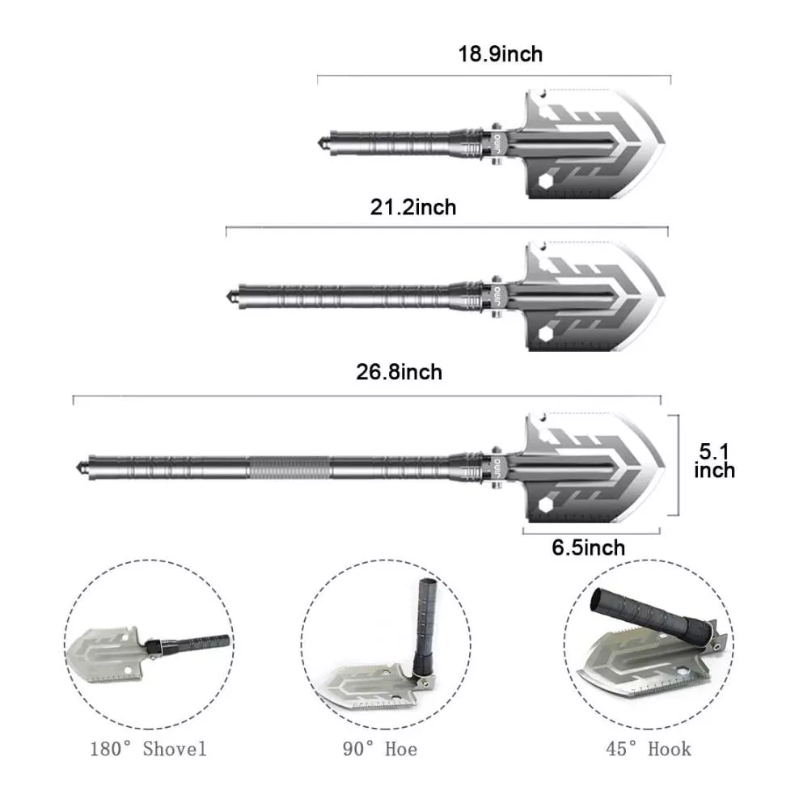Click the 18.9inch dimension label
(x=501, y=54)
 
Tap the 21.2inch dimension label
(x=413, y=207)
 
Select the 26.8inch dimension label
(x=399, y=372)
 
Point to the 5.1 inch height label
(x=714, y=461)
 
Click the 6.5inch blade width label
(x=589, y=547)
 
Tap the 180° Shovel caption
(x=148, y=749)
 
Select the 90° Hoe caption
(x=380, y=749)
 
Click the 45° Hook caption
(x=649, y=749)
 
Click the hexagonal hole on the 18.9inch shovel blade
(x=546, y=182)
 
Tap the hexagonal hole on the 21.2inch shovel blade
(x=546, y=335)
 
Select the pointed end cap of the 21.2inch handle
(x=233, y=296)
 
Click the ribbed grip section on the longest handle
(x=289, y=467)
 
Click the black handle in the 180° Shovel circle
(x=191, y=644)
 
